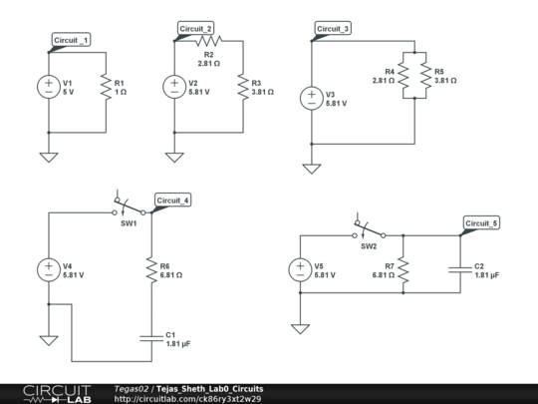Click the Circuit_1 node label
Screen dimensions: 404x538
click(71, 40)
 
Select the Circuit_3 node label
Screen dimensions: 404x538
click(333, 29)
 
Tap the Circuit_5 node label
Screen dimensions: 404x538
click(481, 223)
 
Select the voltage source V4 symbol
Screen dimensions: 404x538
click(48, 269)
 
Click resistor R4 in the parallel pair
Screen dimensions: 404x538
click(406, 78)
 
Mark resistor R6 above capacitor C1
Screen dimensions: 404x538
click(152, 269)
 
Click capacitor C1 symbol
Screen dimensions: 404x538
click(152, 337)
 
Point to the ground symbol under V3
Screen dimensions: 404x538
click(312, 167)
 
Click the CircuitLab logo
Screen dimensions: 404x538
click(55, 393)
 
